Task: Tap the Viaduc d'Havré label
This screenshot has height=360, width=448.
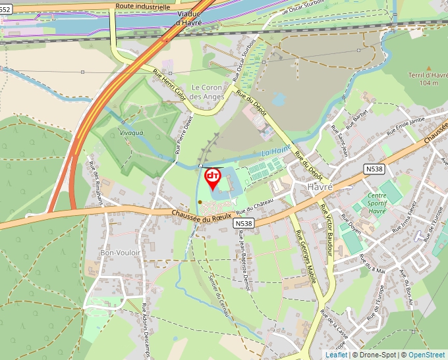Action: coord(189,18)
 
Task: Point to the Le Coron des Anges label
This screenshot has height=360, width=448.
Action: coord(208,92)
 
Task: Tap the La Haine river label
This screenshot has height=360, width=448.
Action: coord(275,152)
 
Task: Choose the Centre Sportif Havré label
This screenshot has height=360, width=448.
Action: coord(377,203)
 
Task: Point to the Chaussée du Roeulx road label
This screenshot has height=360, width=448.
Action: coord(202,215)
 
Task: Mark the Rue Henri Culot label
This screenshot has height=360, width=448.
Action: coord(169,85)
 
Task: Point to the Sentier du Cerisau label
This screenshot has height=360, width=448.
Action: coord(219,296)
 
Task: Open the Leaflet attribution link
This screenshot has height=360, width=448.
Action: coord(336,355)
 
